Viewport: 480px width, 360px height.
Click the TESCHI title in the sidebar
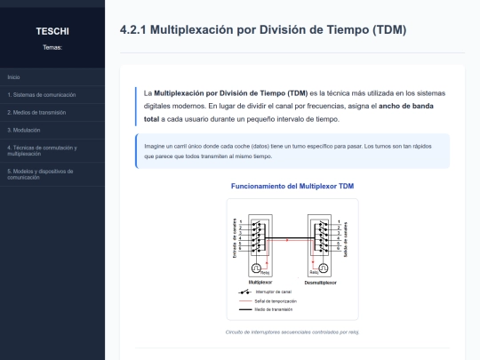coord(52,31)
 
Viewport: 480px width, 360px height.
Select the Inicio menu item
coord(13,77)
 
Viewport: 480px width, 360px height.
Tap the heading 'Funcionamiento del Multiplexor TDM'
coord(292,186)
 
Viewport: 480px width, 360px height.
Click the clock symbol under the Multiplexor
coord(255,268)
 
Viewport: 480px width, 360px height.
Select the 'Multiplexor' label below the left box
coord(260,282)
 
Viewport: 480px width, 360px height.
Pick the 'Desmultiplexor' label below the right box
coord(321,282)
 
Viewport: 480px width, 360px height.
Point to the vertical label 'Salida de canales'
coord(346,238)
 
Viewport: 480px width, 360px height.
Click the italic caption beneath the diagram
coord(292,332)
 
